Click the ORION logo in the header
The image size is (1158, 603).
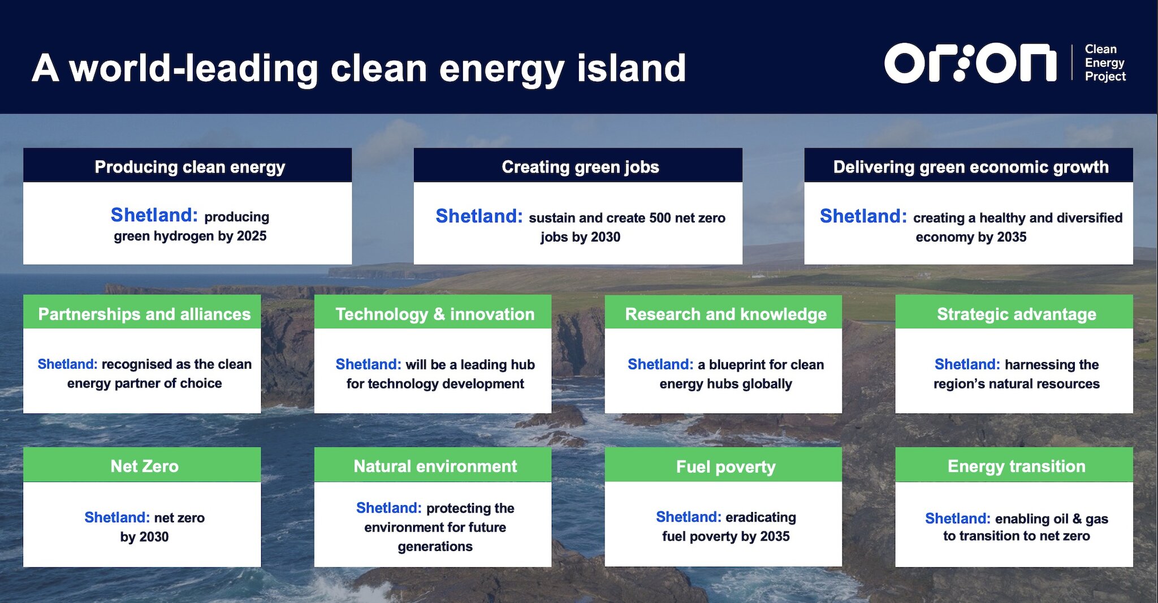(970, 63)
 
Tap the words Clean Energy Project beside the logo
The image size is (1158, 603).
(1105, 63)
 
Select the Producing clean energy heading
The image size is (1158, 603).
(189, 167)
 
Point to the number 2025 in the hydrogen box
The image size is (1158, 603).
(252, 236)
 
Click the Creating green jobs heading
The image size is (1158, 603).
(580, 167)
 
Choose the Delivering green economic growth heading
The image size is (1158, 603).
(971, 167)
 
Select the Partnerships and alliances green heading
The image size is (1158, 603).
(144, 314)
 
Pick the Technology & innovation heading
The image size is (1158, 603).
(435, 314)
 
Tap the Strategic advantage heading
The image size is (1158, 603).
(1016, 314)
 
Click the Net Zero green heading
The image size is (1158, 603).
(144, 466)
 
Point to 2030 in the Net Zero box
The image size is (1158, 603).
(153, 537)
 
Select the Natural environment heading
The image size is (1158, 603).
(435, 466)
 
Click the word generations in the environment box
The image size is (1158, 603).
(435, 546)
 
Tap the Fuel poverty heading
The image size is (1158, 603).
(725, 467)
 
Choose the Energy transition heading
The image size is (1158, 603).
(1016, 466)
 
